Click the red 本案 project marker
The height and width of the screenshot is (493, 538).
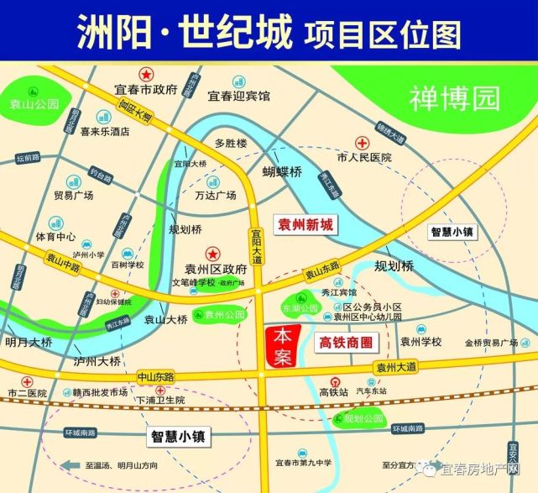pyautogui.click(x=281, y=344)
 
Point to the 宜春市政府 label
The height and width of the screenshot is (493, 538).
pyautogui.click(x=147, y=89)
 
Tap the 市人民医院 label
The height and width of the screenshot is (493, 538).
pyautogui.click(x=364, y=157)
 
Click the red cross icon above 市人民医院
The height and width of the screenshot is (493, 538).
pyautogui.click(x=363, y=143)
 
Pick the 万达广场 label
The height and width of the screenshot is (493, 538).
pyautogui.click(x=215, y=196)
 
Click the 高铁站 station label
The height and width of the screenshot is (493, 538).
pyautogui.click(x=333, y=392)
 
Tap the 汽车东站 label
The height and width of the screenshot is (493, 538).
pyautogui.click(x=372, y=391)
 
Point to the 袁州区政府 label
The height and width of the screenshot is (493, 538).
pyautogui.click(x=217, y=269)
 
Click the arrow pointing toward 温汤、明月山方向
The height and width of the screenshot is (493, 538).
pyautogui.click(x=70, y=464)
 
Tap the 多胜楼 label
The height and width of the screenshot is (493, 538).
pyautogui.click(x=231, y=144)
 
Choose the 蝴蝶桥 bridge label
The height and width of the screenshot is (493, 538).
pyautogui.click(x=281, y=172)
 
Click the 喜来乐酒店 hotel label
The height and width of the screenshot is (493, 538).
pyautogui.click(x=105, y=131)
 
